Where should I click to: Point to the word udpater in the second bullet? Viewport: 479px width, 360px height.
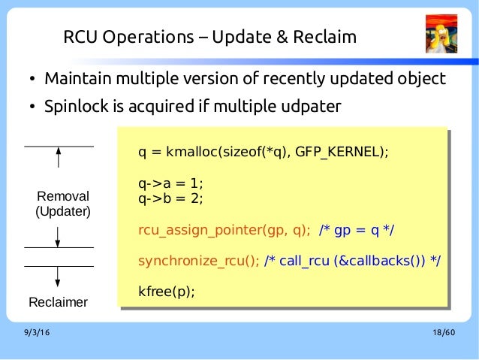[x=310, y=107]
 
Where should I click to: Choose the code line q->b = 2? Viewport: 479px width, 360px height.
[x=170, y=198]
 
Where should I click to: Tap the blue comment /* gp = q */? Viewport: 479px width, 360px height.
[x=357, y=229]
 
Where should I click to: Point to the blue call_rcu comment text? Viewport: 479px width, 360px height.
[x=352, y=261]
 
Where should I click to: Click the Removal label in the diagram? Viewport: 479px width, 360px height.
[x=63, y=197]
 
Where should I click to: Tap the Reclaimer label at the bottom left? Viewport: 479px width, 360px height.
[x=58, y=303]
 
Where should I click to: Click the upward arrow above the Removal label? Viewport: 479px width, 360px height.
[x=58, y=159]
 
